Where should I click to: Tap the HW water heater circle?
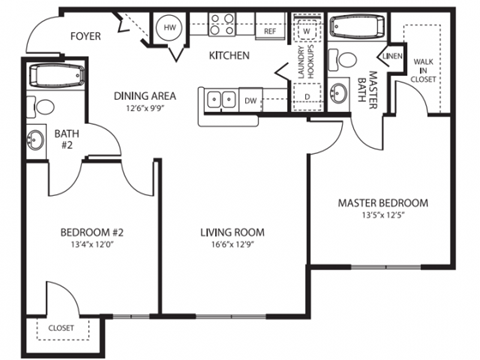169,29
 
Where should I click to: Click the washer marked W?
307,29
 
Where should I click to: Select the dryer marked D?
307,96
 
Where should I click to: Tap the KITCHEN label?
229,56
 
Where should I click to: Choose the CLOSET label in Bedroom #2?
62,327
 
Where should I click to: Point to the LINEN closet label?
393,57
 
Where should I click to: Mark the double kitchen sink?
222,99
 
